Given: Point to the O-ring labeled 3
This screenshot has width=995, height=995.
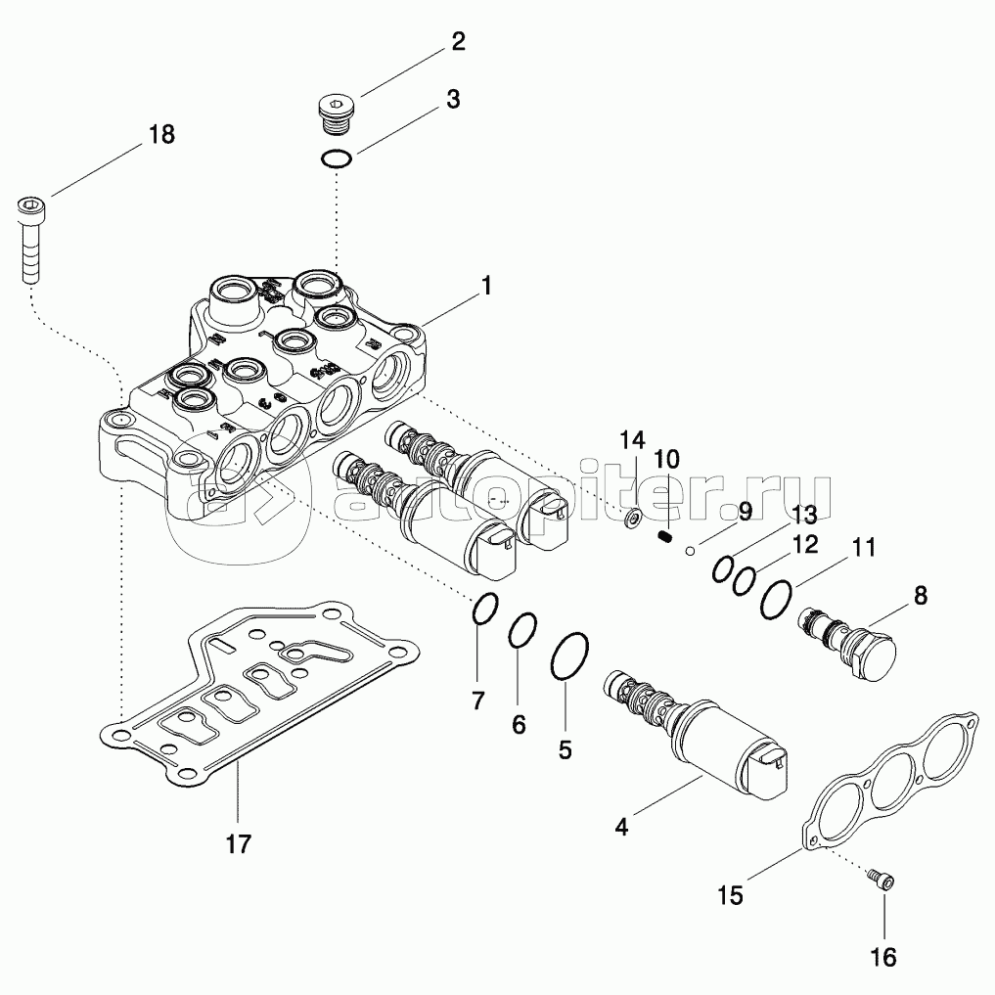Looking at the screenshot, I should (x=336, y=158).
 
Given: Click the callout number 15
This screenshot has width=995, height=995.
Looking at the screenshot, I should (x=731, y=894).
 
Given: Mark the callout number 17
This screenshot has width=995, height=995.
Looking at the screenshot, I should (x=239, y=842).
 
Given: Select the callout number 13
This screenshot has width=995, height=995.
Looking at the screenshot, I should (x=803, y=514).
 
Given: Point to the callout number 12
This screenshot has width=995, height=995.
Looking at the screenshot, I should (x=804, y=544).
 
